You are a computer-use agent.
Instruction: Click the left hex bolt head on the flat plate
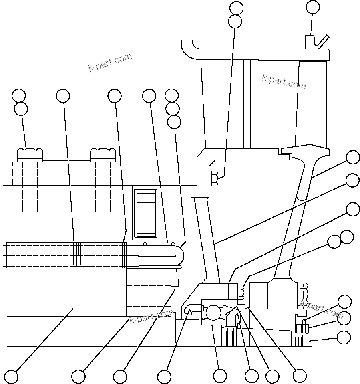tap(30, 154)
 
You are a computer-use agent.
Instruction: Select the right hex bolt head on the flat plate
tap(103, 154)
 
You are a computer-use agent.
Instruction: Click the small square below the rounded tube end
tap(174, 283)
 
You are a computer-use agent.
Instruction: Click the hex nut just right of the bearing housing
tap(241, 292)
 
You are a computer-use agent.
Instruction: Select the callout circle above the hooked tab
tap(313, 7)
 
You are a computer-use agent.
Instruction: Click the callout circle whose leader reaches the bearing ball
tap(220, 376)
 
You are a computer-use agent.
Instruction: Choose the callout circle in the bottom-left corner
tap(11, 376)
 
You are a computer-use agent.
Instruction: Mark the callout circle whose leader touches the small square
tap(120, 376)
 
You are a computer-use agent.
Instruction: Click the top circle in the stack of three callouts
tap(172, 95)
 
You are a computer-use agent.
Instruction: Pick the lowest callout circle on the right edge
tap(344, 338)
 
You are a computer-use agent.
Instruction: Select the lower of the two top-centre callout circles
tap(235, 21)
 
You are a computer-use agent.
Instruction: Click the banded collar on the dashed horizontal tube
tap(78, 254)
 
